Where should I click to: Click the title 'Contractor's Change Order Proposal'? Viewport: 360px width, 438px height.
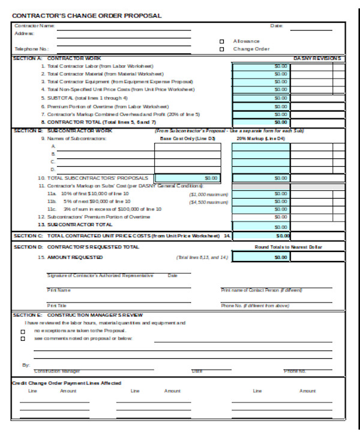(87, 16)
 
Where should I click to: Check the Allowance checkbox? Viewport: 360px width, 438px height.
(221, 41)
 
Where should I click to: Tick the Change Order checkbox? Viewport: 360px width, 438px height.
(221, 49)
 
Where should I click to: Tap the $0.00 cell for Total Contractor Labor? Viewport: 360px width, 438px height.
(261, 66)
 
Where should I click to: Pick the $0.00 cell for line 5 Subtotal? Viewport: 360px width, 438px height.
(261, 98)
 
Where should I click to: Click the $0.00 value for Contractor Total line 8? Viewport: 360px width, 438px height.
(261, 122)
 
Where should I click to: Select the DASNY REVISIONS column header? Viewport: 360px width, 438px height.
(317, 58)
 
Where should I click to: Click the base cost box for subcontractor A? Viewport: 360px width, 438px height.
(188, 146)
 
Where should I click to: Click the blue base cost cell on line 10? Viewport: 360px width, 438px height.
(188, 178)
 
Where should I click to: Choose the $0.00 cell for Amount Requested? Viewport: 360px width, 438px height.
(261, 257)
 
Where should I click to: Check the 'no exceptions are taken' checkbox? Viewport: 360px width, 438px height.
(23, 331)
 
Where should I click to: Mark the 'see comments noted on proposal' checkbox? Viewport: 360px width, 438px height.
(23, 339)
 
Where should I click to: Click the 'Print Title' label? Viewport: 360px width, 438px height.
(57, 305)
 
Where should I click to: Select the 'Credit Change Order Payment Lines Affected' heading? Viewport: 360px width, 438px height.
(67, 382)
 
